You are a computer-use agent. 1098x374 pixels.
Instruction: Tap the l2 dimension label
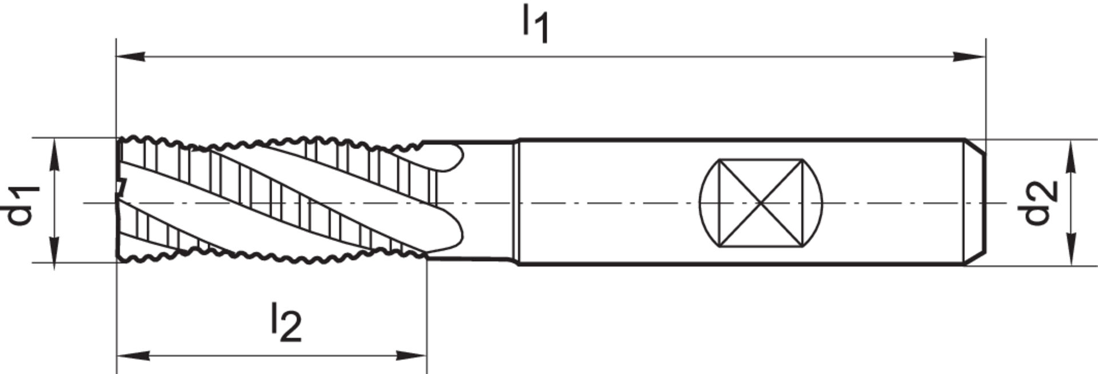tap(285, 323)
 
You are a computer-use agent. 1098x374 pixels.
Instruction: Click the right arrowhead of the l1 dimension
tap(972, 57)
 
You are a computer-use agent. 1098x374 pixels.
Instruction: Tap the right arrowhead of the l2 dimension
tap(413, 356)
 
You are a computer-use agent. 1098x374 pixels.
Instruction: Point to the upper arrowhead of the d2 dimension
tap(1072, 154)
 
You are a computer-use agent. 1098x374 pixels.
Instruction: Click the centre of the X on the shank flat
tap(761, 203)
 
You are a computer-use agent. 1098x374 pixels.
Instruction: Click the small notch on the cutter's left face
tap(121, 186)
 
